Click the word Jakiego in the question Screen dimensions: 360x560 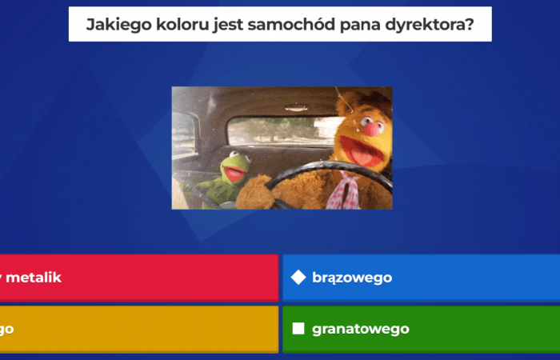pos(111,26)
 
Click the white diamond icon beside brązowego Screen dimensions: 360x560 pos(298,278)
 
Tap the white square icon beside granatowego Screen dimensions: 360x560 pos(298,329)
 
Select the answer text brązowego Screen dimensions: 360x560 pos(352,278)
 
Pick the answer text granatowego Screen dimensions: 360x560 pos(361,329)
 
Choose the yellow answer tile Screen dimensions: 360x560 pos(136,329)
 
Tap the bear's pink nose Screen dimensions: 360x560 pos(370,127)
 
